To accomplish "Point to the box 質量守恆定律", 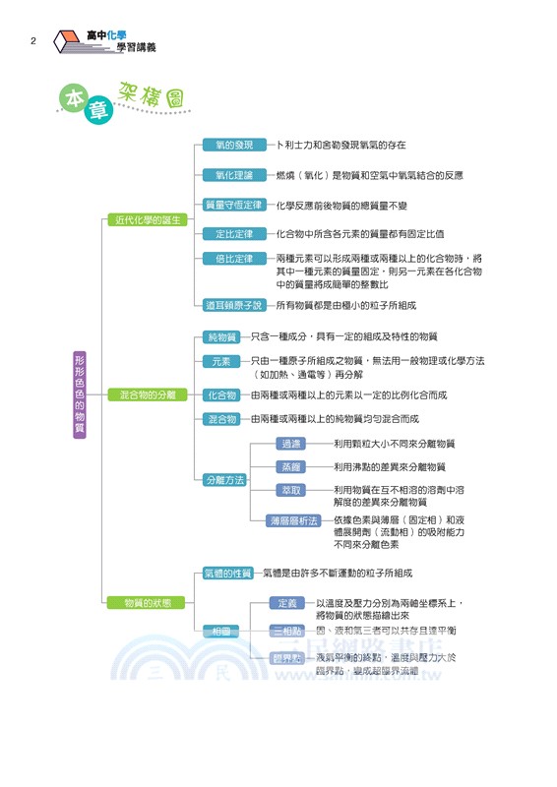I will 233,206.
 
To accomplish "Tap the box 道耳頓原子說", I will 233,305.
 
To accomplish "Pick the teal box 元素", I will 220,362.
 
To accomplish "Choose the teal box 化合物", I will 220,394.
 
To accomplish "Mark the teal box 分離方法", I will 224,480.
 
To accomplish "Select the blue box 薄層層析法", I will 294,519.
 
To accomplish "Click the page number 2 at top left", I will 33,41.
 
